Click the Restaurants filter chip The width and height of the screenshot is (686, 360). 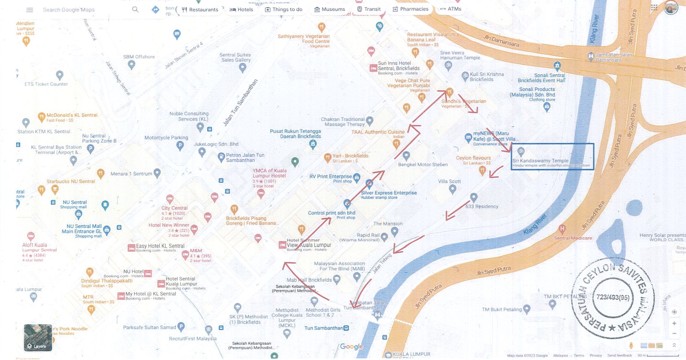[x=200, y=10]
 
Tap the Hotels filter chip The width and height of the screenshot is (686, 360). [x=241, y=10]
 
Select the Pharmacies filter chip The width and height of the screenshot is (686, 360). [x=410, y=9]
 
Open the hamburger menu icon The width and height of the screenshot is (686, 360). [x=30, y=10]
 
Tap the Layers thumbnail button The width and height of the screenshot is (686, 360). [x=38, y=337]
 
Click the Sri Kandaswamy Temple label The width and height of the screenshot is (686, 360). [x=540, y=161]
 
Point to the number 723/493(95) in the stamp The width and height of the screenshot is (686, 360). [x=613, y=297]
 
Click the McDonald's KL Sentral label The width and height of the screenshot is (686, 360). [x=72, y=115]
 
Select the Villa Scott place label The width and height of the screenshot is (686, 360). [x=449, y=181]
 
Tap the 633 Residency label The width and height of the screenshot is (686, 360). [x=482, y=206]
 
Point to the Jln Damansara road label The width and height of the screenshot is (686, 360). [x=501, y=41]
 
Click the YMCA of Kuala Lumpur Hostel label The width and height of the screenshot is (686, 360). [x=269, y=173]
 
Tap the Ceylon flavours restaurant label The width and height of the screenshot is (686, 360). [x=473, y=158]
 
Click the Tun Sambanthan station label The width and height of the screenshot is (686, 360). [x=323, y=328]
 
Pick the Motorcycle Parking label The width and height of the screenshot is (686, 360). [x=166, y=138]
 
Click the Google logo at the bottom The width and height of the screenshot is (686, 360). [x=351, y=347]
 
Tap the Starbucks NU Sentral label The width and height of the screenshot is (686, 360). [x=71, y=181]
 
